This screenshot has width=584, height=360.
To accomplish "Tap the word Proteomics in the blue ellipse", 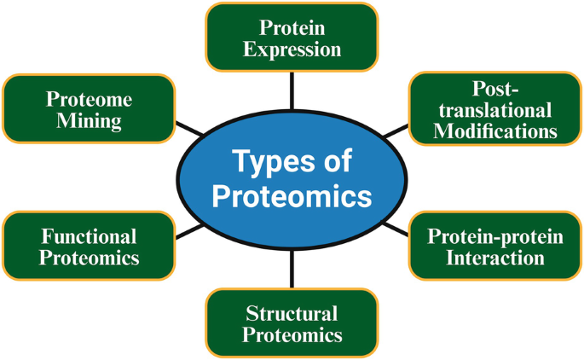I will click(292, 196).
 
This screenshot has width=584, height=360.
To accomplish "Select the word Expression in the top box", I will click(292, 49).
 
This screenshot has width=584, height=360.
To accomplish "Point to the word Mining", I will click(89, 120).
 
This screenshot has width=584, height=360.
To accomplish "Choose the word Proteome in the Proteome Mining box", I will click(89, 99).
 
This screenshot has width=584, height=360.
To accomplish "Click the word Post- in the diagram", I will click(495, 90).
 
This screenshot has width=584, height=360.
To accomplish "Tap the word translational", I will click(495, 110).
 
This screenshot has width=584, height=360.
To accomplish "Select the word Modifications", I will click(495, 131).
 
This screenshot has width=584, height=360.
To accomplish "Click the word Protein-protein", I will click(495, 236).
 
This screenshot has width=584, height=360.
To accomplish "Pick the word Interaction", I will click(495, 257).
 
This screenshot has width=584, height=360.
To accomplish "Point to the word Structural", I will click(292, 313).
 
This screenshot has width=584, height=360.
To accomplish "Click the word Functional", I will click(89, 236).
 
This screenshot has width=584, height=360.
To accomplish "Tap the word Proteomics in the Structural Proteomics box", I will click(292, 334).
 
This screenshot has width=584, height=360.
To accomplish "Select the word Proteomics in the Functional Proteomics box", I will click(89, 257).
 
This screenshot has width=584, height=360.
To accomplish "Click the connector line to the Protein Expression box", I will click(292, 90).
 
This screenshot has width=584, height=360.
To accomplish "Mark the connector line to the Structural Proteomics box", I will click(292, 270).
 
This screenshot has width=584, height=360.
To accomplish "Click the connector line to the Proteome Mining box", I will click(189, 129).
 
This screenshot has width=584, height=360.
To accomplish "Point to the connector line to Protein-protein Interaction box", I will click(395, 228).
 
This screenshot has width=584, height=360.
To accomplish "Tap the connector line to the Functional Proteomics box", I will click(189, 228).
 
